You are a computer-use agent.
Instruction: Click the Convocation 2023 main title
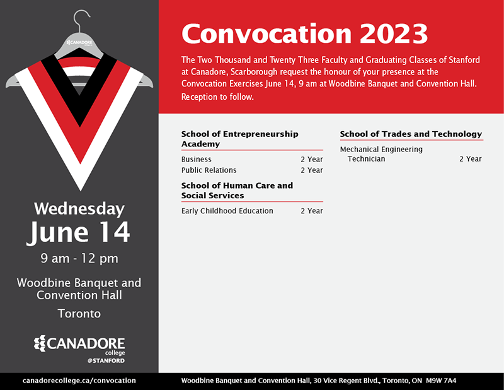(x=304, y=33)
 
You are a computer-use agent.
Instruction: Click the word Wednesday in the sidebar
(x=79, y=208)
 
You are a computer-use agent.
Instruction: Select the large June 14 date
(x=79, y=232)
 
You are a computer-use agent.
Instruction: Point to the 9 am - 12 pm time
(x=79, y=258)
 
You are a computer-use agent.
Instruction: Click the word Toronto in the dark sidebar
(x=79, y=313)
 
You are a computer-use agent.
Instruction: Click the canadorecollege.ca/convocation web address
(x=79, y=381)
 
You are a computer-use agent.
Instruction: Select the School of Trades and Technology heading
(x=411, y=134)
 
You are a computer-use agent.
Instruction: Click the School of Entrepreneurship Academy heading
(x=239, y=139)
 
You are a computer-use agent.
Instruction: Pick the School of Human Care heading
(x=237, y=191)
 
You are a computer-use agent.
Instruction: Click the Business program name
(x=197, y=160)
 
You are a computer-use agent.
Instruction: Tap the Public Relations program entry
(x=209, y=170)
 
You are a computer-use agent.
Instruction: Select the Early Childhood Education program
(x=227, y=211)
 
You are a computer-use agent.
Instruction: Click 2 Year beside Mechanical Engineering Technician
(x=470, y=159)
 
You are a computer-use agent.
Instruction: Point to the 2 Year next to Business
(x=311, y=160)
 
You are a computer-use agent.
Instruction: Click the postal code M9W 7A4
(x=441, y=381)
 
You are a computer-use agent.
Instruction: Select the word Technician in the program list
(x=366, y=159)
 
